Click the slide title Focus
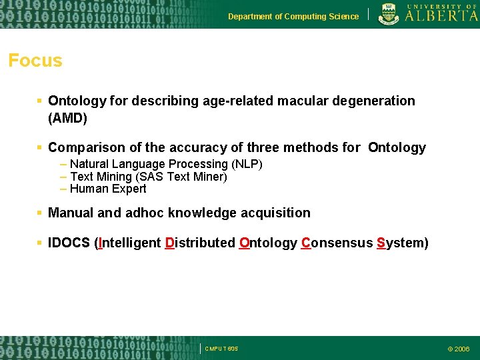(35, 61)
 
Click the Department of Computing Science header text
(293, 17)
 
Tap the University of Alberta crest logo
(389, 14)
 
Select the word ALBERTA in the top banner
(441, 17)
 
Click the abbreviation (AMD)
(67, 119)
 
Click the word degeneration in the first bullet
(375, 101)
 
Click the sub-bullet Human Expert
(108, 189)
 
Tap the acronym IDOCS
(69, 243)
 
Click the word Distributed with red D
(199, 243)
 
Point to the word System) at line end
(403, 243)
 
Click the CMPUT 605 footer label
(221, 349)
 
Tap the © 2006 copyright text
(458, 349)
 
